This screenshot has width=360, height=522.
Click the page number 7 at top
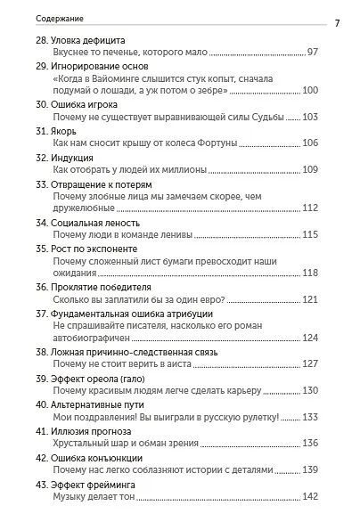pos(338,22)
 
